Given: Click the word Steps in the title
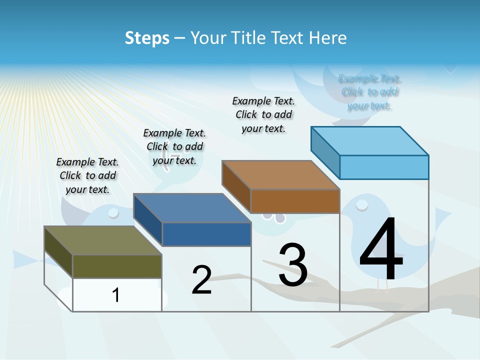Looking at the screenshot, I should pos(147,38).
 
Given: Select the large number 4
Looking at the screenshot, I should pos(381,250).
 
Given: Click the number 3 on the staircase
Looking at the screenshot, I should pos(293,265).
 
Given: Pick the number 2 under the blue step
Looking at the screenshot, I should pos(201,280).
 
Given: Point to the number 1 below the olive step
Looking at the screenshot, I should pos(116,295).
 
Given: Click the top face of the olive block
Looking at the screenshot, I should pos(102,240).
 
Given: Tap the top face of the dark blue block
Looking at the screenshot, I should pos(191,207).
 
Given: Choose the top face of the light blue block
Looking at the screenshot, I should pos(369,140).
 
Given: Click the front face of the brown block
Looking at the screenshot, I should pos(295,201).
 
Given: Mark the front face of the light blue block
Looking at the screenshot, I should pos(384,167).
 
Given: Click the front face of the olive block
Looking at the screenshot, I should pos(117,266).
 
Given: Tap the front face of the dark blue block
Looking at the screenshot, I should pos(206,234).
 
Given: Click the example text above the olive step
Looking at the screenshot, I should pos(87,175).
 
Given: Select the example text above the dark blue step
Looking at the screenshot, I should pos(174,146).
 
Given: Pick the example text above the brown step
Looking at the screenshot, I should pos(263,114).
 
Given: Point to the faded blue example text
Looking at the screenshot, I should pos(369,92).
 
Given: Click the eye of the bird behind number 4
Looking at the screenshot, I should pos(361,203).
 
